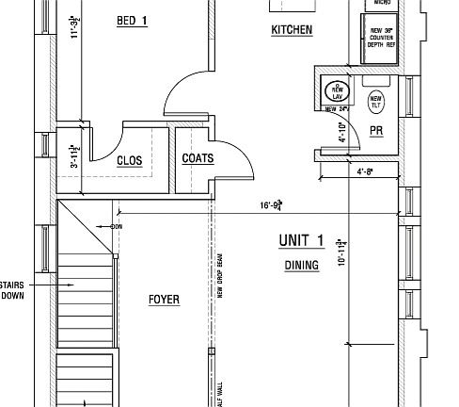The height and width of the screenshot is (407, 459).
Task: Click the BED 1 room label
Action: coord(132,21)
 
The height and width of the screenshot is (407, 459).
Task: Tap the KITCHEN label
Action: coord(292,30)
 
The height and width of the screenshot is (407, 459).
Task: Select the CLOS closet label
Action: coord(130,161)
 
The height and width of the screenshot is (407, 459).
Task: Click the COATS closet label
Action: coord(198,158)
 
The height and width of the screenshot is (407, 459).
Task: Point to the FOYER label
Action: coord(164,300)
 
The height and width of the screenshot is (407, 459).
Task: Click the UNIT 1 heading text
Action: coord(301,241)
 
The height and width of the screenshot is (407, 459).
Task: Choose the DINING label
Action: coord(301,266)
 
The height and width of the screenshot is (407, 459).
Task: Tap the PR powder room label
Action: coord(376,131)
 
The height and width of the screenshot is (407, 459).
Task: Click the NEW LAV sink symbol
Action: coord(336,92)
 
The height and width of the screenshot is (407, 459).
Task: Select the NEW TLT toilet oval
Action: coord(376,100)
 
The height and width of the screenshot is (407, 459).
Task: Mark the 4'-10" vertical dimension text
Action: coord(343,132)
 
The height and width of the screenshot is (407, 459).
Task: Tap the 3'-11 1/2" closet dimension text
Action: coord(76,155)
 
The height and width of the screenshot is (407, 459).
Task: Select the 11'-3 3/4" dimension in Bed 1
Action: coord(76,28)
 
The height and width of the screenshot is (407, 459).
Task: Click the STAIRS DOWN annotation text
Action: coord(12,289)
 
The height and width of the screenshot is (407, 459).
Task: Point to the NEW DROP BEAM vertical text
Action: coord(219,273)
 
